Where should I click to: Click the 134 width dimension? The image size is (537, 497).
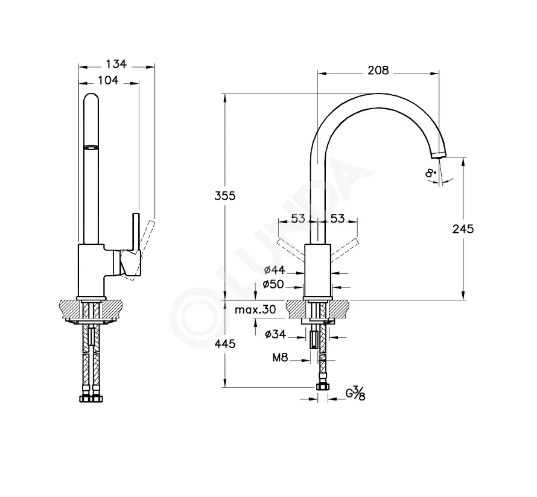pos(116,64)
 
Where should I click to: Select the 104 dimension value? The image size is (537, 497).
pos(108,80)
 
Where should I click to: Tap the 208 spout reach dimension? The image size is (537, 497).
pos(378,70)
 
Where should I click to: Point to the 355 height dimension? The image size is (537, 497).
pos(225,196)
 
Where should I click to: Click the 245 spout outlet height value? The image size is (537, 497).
pos(463,229)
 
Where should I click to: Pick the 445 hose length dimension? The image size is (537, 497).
pos(225,343)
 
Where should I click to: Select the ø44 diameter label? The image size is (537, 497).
pos(275,270)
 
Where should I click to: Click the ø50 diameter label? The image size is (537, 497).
pos(273,284)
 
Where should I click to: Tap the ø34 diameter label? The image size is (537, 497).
pos(275,334)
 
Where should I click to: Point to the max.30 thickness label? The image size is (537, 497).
pos(255,310)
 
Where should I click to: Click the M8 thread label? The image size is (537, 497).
pos(280,358)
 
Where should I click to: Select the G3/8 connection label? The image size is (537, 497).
pos(355,394)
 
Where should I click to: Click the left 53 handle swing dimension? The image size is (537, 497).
pos(298,218)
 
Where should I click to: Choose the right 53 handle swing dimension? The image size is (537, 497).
pos(337,218)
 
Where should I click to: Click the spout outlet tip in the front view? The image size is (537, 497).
pos(439,156)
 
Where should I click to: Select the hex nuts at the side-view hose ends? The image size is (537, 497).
pos(92,399)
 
